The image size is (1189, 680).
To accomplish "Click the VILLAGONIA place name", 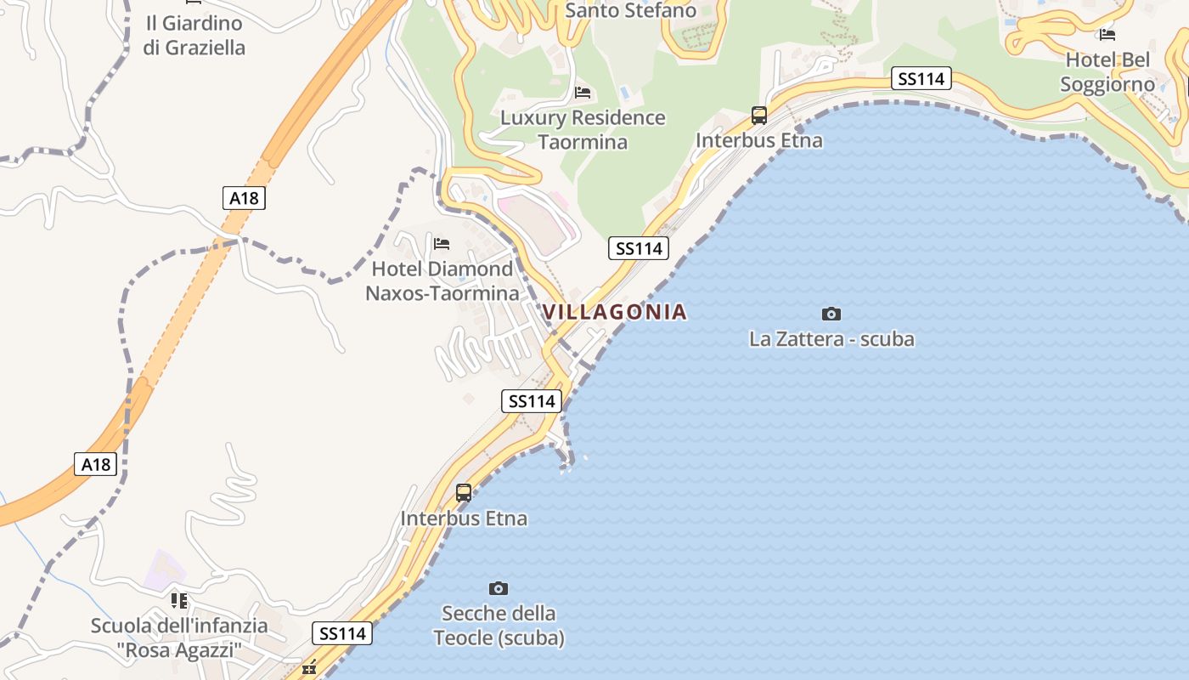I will [614, 312].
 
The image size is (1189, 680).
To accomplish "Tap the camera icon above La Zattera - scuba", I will [831, 314].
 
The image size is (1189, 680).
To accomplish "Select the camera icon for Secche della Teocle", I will [499, 588].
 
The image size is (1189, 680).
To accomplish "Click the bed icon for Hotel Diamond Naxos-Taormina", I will [442, 244].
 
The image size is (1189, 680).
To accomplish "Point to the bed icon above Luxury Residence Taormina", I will [583, 93].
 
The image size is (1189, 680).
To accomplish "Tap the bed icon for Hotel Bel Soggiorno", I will [1107, 35].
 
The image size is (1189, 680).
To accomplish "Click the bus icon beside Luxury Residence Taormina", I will [758, 116].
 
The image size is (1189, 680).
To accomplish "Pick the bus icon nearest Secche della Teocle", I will [464, 492].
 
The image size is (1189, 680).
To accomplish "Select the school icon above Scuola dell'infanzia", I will [179, 601].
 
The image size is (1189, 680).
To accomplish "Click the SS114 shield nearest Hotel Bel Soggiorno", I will [921, 79].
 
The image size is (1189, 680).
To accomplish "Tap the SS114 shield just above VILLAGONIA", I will [639, 248].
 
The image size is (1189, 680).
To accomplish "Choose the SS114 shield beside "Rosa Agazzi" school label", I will [343, 633].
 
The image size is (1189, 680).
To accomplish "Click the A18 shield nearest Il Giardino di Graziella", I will [244, 198].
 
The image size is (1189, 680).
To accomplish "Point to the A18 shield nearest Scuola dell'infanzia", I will [96, 464].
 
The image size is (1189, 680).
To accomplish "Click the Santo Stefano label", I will [630, 10].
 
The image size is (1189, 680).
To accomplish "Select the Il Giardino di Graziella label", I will [194, 36].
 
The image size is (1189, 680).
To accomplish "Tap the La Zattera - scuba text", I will [831, 339].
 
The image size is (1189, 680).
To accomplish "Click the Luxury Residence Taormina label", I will [583, 129].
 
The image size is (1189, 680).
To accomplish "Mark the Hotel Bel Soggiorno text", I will [1107, 72].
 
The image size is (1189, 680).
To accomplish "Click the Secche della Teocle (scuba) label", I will [499, 625].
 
